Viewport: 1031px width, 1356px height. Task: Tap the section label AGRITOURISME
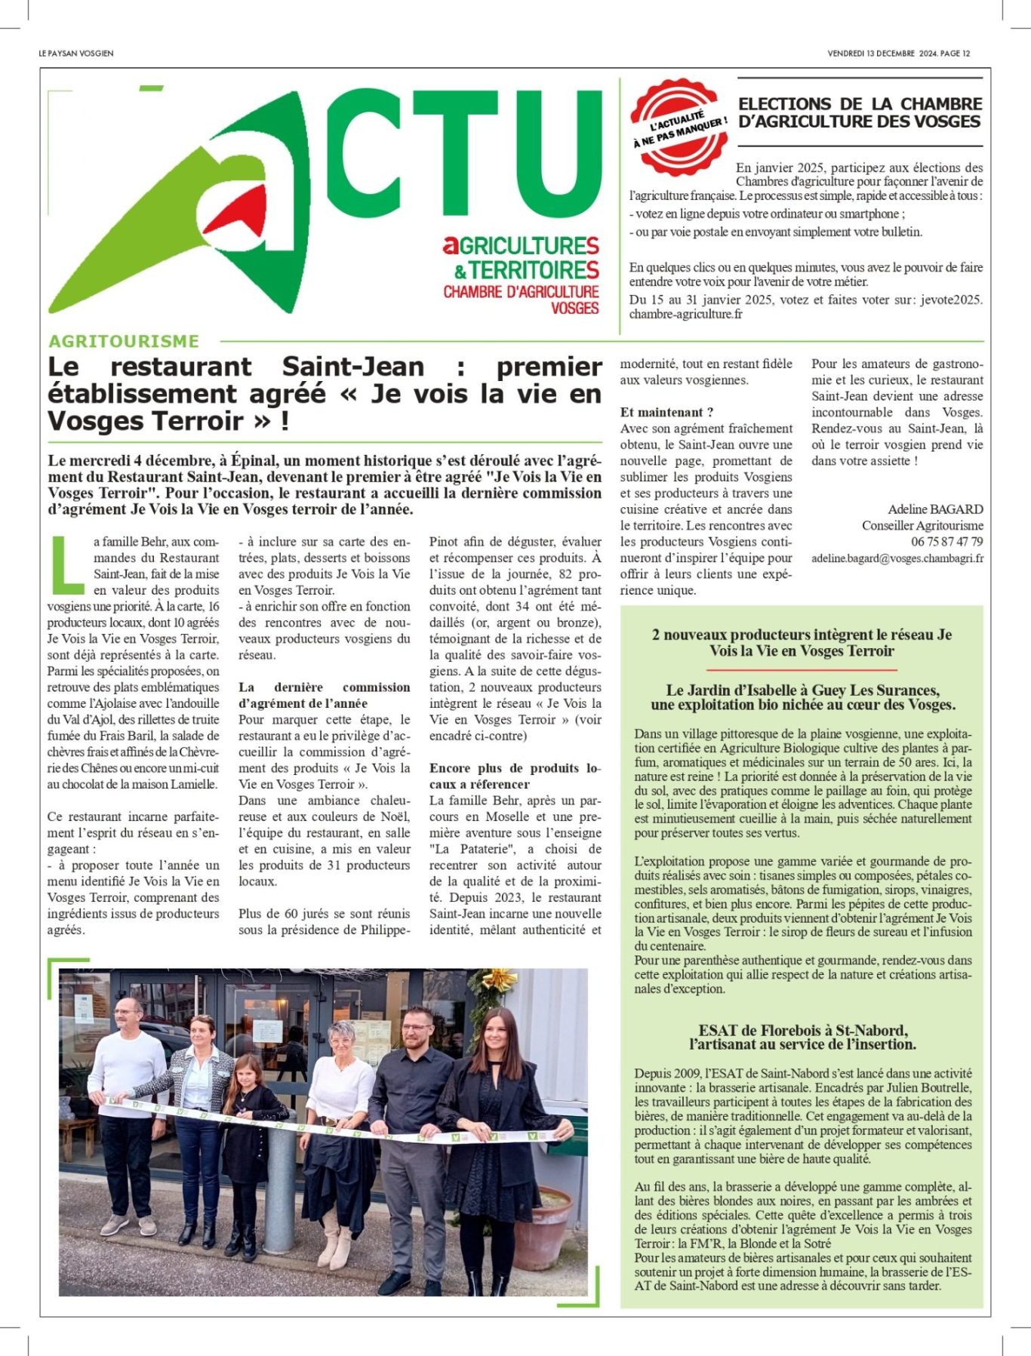pyautogui.click(x=124, y=341)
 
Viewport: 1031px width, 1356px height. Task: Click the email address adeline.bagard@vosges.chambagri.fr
pyautogui.click(x=897, y=558)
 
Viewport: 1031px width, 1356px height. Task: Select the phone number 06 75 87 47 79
pyautogui.click(x=946, y=542)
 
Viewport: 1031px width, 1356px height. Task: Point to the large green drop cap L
pyautogui.click(x=67, y=564)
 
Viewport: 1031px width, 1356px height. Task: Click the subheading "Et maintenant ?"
pyautogui.click(x=666, y=412)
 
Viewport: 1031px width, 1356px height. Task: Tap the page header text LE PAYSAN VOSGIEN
pyautogui.click(x=76, y=54)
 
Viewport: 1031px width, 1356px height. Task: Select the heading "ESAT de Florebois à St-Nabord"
pyautogui.click(x=802, y=1031)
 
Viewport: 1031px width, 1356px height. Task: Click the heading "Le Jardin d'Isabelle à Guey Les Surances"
pyautogui.click(x=802, y=690)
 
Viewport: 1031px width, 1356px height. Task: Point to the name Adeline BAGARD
pyautogui.click(x=935, y=509)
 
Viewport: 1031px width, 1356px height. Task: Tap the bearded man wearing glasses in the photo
pyautogui.click(x=413, y=1132)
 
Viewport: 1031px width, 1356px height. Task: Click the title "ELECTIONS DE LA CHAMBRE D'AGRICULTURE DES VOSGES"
pyautogui.click(x=860, y=113)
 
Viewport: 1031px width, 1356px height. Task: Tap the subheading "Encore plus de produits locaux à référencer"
pyautogui.click(x=515, y=776)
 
